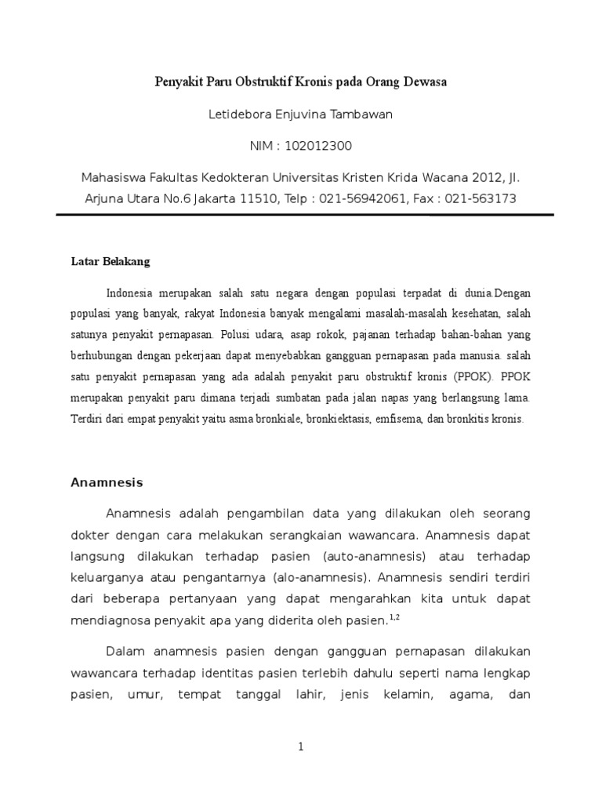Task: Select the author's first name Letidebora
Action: click(240, 114)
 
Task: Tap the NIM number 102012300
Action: click(319, 146)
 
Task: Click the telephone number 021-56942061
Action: click(363, 198)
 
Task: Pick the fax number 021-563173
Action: click(481, 198)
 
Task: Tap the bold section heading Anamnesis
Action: click(107, 482)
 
